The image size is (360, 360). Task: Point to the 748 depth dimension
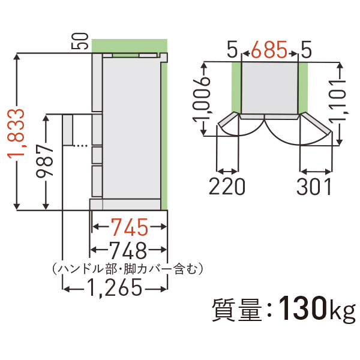128,248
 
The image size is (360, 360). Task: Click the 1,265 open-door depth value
114,289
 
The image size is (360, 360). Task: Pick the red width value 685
269,50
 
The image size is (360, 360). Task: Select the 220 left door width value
227,187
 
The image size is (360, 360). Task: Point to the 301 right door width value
314,187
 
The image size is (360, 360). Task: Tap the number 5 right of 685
306,50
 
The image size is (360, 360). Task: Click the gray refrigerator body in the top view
269,87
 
